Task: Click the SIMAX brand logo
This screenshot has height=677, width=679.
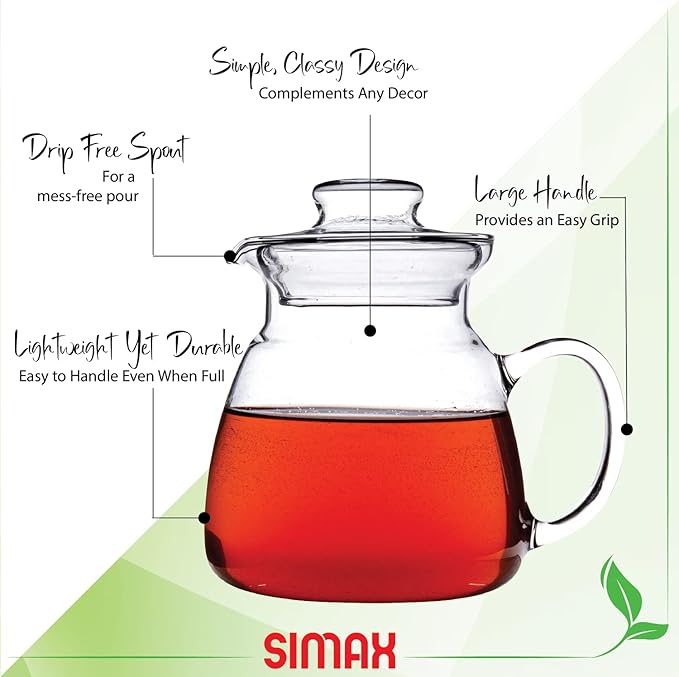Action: (x=330, y=650)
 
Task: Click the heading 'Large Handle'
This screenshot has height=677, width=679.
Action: (x=535, y=191)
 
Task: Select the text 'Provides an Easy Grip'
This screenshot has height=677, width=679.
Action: (x=547, y=218)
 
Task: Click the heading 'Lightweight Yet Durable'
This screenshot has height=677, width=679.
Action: (x=128, y=347)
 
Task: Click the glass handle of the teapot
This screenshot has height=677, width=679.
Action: (x=590, y=440)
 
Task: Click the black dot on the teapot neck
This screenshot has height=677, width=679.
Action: (x=370, y=329)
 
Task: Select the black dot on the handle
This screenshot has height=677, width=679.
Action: (x=627, y=429)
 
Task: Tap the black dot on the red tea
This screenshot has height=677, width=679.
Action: (x=205, y=518)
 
